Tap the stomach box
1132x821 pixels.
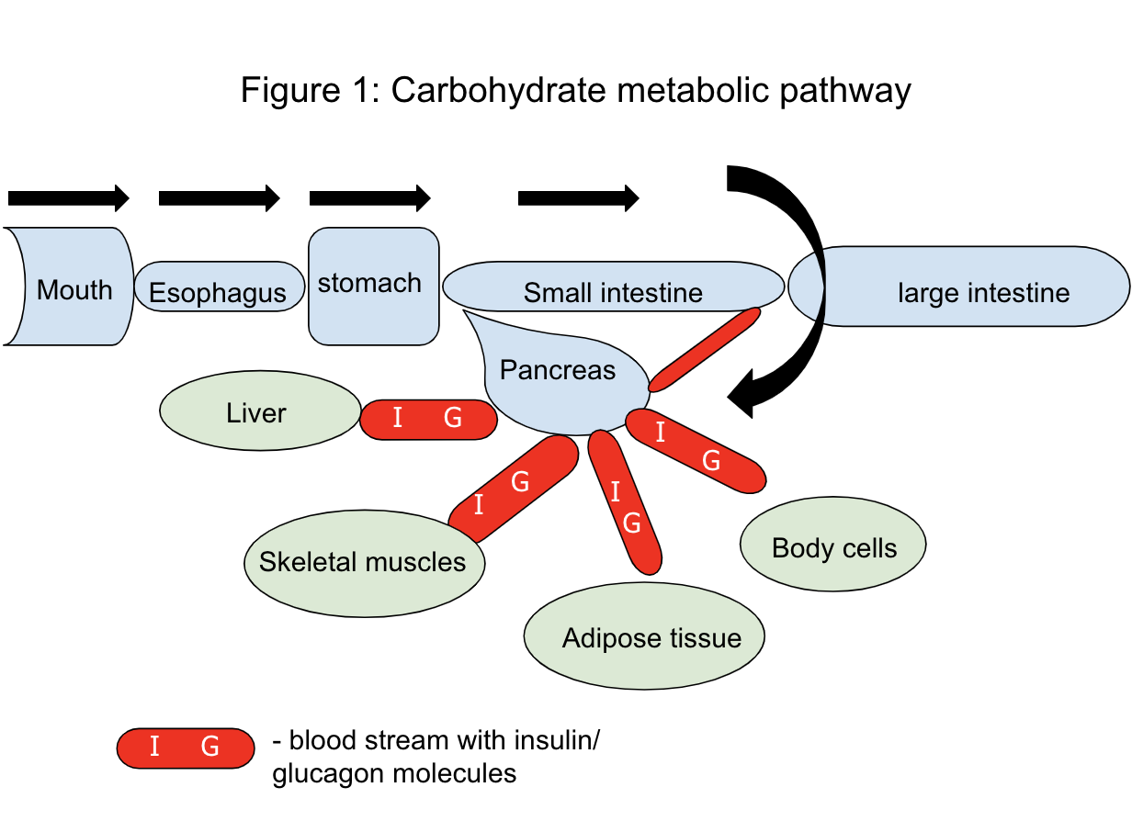pyautogui.click(x=372, y=286)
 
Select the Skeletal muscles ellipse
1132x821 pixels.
pyautogui.click(x=364, y=562)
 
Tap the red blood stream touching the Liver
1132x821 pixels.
pyautogui.click(x=428, y=419)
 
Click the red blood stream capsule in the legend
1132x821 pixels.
pyautogui.click(x=185, y=748)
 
